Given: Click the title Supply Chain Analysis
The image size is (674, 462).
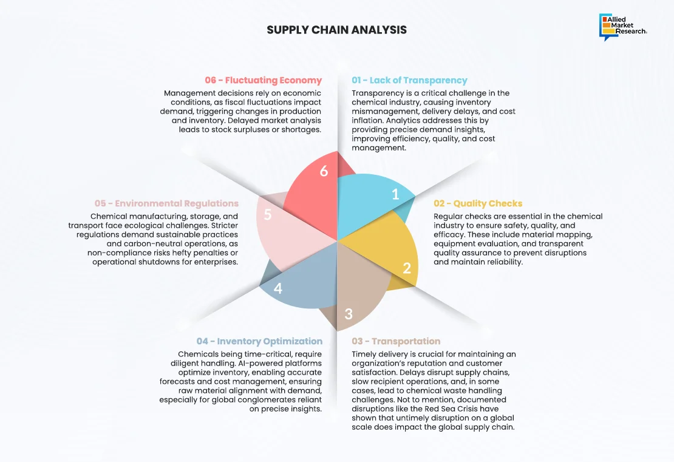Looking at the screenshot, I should (x=336, y=30).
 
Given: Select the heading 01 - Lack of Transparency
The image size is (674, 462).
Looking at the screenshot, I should (x=409, y=80).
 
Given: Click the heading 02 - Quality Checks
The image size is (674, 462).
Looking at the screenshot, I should (x=478, y=203).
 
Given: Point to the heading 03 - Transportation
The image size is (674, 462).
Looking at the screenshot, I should (x=396, y=341).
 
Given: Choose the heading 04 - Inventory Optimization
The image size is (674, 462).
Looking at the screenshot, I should (x=259, y=341).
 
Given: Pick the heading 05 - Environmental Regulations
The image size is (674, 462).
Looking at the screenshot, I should (x=166, y=203).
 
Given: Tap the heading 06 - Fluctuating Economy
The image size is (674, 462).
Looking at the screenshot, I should (x=263, y=80).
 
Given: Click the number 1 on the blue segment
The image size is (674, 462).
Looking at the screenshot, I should (x=395, y=194).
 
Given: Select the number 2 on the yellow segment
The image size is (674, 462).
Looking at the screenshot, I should (x=407, y=267).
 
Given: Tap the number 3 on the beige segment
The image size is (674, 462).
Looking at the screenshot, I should (x=349, y=314).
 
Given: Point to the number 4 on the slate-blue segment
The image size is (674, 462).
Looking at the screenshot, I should (x=278, y=288).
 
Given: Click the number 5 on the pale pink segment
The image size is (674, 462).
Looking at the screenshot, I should (x=268, y=214).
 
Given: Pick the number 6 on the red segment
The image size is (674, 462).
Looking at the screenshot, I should (x=324, y=171).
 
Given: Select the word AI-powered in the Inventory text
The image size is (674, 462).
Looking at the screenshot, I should (x=257, y=363).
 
